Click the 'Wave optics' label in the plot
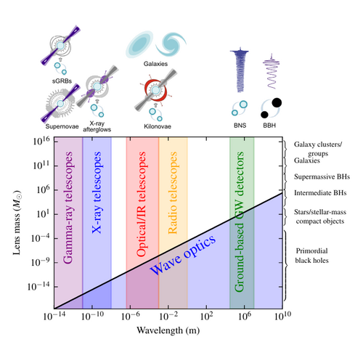pos(183,255)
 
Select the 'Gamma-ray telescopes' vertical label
pos(68,208)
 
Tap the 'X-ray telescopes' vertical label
pos(97,192)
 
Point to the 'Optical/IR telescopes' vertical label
pos(141,204)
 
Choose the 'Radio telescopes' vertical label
pos(173,193)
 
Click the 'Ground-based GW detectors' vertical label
pos(239,221)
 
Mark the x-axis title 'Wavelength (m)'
pos(168,330)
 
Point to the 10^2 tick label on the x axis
pos(206,316)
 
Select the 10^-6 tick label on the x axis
pos(130,316)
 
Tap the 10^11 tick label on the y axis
pos(41,166)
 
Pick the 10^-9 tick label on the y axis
pos(41,262)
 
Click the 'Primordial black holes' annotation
pos(311,256)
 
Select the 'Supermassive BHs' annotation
pos(322,176)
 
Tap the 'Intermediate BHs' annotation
pos(320,193)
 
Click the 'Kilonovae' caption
pos(158,126)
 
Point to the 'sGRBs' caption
pos(62,81)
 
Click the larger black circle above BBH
pos(277,102)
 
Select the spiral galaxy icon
pos(171,44)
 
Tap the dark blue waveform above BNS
pos(240,70)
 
